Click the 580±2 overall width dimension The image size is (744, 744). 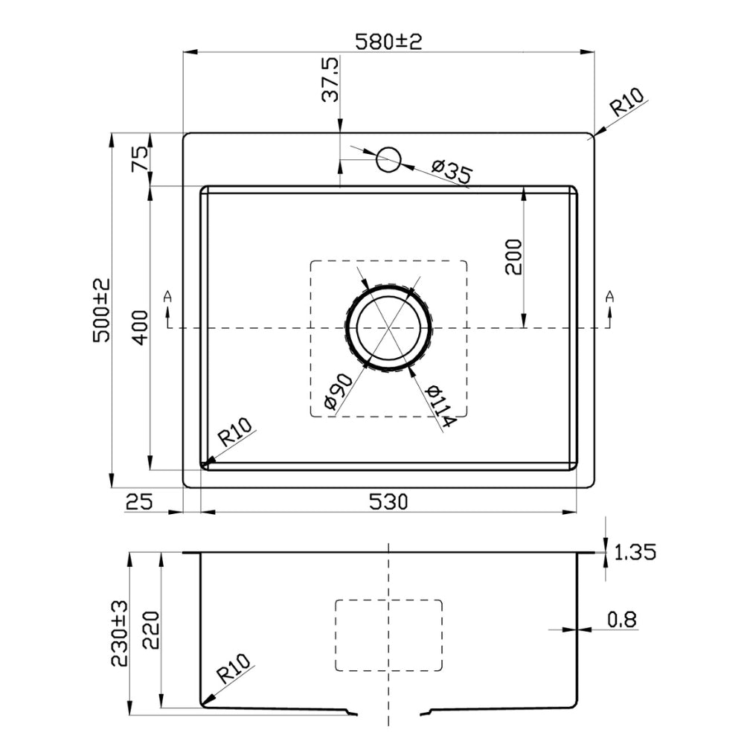pos(388,42)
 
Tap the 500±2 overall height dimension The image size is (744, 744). pos(101,310)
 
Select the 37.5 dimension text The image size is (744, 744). pos(330,80)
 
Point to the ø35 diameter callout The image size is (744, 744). pos(452,171)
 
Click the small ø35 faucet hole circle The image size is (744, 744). pos(388,159)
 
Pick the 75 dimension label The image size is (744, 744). pos(141,159)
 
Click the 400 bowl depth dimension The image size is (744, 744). pos(140,327)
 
